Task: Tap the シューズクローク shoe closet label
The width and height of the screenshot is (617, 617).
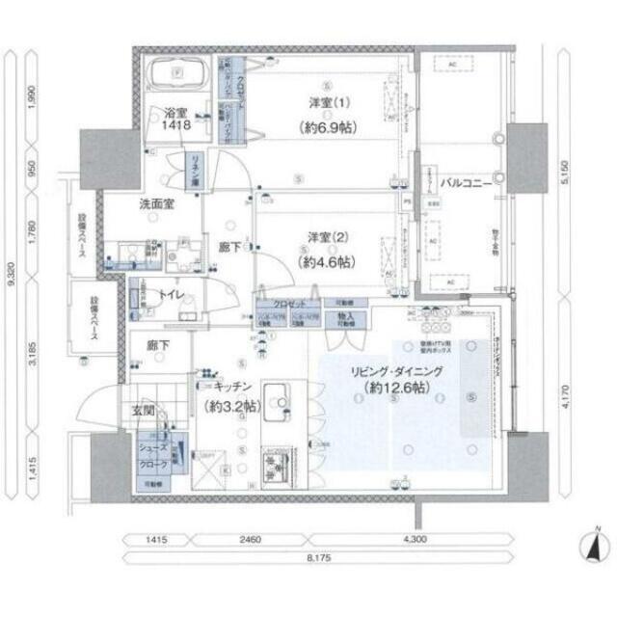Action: coord(156,455)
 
